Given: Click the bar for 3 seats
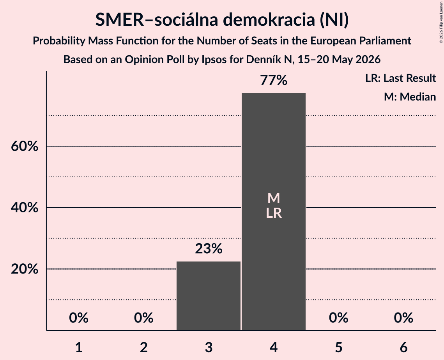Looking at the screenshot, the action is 209,296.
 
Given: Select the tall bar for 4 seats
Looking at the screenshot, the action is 274,212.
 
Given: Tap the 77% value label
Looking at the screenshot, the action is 274,80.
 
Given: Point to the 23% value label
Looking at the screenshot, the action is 209,249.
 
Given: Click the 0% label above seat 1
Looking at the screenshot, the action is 79,318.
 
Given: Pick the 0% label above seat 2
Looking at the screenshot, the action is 143,318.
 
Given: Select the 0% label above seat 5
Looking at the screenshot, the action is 339,318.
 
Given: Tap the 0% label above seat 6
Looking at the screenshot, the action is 403,318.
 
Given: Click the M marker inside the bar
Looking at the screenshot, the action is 274,198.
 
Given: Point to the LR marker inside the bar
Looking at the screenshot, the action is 274,213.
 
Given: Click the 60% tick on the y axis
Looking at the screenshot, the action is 25,146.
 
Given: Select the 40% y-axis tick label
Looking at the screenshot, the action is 25,207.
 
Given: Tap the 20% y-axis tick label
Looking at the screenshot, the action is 25,269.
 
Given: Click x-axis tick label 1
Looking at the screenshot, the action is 79,347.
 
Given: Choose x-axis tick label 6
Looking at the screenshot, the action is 403,347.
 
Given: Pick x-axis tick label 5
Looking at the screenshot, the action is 339,347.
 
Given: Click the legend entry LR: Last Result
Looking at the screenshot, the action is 400,78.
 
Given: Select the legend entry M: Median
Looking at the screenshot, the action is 410,97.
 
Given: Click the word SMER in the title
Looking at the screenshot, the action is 120,20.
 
